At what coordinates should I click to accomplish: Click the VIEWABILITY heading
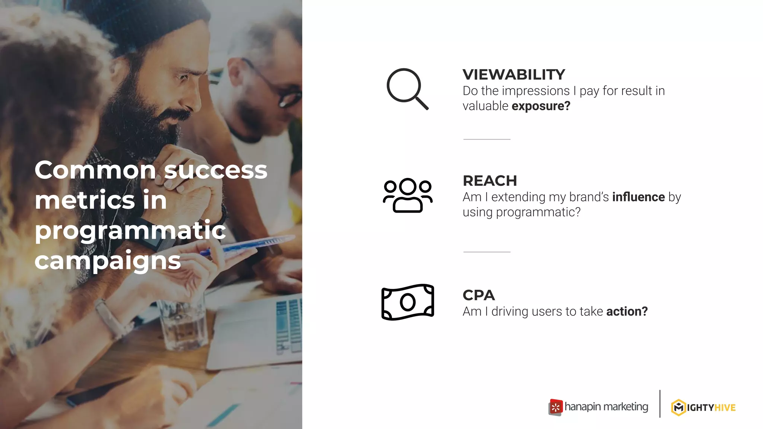514,74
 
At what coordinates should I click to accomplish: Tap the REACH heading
490,181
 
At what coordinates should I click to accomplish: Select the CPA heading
478,295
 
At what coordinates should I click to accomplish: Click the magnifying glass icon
407,89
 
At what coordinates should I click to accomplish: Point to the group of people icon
408,195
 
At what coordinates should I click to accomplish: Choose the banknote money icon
408,302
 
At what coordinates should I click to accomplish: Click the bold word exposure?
541,106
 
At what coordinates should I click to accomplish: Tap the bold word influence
638,197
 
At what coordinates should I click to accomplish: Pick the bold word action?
627,311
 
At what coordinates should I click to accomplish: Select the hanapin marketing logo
598,407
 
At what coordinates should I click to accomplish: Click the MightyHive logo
703,407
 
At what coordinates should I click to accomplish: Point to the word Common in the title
95,170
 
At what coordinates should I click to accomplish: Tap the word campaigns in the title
107,261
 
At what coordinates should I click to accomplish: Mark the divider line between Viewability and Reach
487,139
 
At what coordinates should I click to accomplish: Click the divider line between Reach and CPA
487,252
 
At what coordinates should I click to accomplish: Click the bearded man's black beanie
149,19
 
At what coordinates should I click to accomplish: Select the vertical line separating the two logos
660,404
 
